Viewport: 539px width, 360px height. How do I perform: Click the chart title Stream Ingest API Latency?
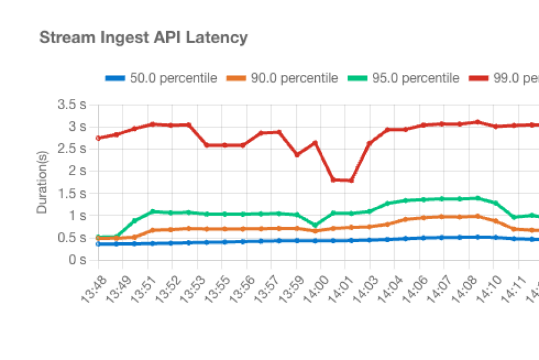(x=143, y=38)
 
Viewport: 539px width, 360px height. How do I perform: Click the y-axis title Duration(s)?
(x=42, y=183)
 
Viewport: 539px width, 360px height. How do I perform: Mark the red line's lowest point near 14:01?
(x=352, y=180)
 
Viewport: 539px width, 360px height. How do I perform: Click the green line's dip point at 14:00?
(x=316, y=225)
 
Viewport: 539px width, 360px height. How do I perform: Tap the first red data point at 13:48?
(x=98, y=138)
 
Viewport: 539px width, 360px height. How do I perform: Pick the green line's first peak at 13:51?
(x=153, y=211)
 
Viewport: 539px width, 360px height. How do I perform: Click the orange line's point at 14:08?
(x=477, y=216)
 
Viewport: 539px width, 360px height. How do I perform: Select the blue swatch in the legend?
(x=115, y=78)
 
